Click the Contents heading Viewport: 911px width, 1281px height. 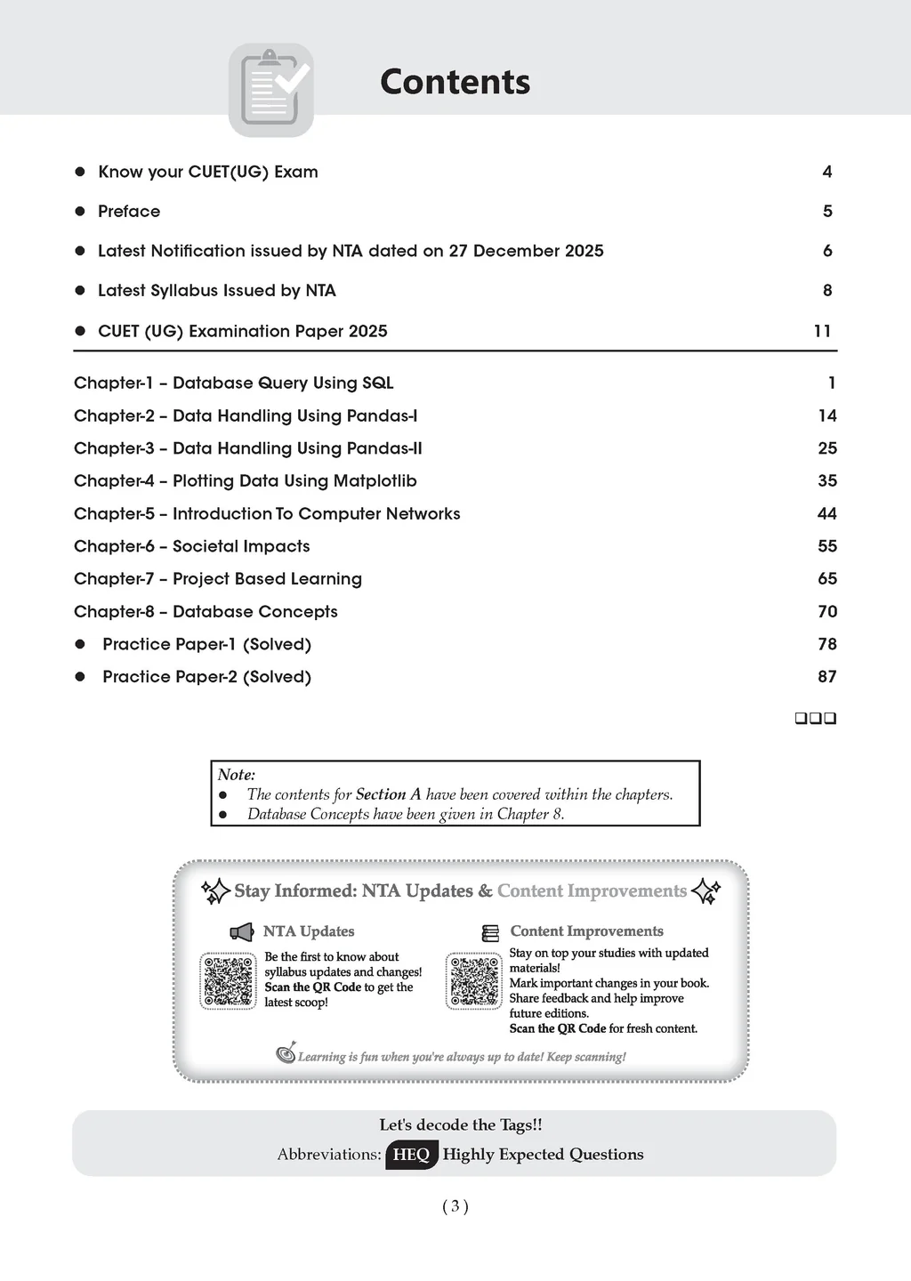(455, 82)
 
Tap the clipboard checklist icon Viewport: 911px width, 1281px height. (271, 90)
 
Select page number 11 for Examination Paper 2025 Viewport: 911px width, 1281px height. (822, 331)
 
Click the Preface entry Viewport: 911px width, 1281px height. (129, 211)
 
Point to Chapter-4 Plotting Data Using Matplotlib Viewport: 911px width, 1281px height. (245, 481)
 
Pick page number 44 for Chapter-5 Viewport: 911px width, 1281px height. (826, 513)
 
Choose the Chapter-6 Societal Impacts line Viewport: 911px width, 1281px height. (192, 546)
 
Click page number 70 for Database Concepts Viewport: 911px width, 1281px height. (826, 611)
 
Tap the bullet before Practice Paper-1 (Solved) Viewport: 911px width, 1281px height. (80, 644)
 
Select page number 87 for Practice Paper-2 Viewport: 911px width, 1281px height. (826, 677)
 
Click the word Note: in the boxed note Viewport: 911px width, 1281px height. (237, 775)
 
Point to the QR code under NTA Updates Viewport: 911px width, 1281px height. (229, 981)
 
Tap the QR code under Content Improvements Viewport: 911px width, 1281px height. (474, 981)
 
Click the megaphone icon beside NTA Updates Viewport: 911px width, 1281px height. (241, 931)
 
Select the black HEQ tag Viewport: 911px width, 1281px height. (411, 1155)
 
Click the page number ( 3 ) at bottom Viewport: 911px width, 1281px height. (455, 1206)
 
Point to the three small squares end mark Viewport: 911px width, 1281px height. (815, 718)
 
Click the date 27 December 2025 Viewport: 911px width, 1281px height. (526, 251)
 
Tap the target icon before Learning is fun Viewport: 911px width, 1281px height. (286, 1053)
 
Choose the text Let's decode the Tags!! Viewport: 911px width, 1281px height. (460, 1125)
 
